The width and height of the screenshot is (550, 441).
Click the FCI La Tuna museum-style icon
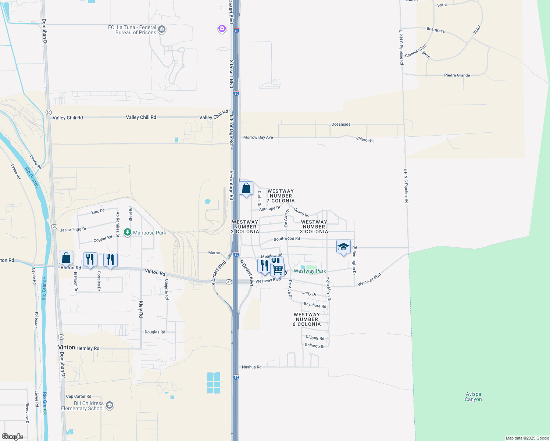click(161, 29)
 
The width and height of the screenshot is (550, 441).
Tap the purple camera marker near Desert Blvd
click(222, 28)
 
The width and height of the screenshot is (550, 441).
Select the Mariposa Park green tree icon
click(128, 232)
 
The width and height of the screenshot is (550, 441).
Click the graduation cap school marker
click(343, 247)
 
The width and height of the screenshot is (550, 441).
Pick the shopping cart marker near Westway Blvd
click(278, 269)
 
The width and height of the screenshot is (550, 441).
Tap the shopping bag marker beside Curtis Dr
click(246, 188)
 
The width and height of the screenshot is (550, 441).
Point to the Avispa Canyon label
click(473, 397)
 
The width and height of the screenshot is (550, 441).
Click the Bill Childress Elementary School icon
click(109, 405)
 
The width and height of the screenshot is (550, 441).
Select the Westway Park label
click(310, 271)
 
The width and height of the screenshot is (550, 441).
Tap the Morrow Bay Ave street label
click(258, 137)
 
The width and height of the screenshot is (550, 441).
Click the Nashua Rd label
click(251, 367)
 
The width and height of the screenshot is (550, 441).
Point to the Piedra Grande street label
click(457, 75)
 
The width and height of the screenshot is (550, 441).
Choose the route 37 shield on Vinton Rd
click(229, 282)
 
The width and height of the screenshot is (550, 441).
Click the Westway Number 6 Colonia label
click(307, 319)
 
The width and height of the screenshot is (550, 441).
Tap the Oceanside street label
click(341, 124)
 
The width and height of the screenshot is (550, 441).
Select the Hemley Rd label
click(88, 348)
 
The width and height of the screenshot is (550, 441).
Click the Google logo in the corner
click(12, 437)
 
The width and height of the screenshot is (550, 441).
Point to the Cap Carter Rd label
click(78, 397)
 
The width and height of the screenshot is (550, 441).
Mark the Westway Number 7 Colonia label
click(281, 196)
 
